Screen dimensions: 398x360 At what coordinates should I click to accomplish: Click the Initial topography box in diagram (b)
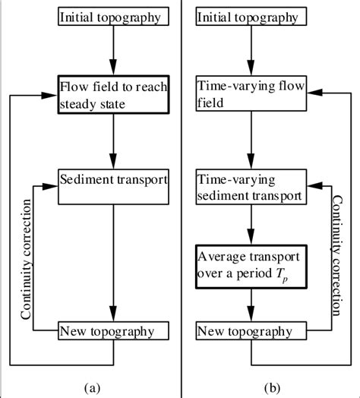251,17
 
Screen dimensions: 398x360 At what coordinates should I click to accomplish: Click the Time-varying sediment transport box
251,187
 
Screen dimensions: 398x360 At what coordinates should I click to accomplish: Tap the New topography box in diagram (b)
251,331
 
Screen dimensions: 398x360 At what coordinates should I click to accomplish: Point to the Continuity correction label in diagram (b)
333,255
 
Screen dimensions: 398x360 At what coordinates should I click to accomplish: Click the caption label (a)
92,387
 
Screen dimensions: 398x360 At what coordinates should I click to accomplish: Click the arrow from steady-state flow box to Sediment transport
112,141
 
